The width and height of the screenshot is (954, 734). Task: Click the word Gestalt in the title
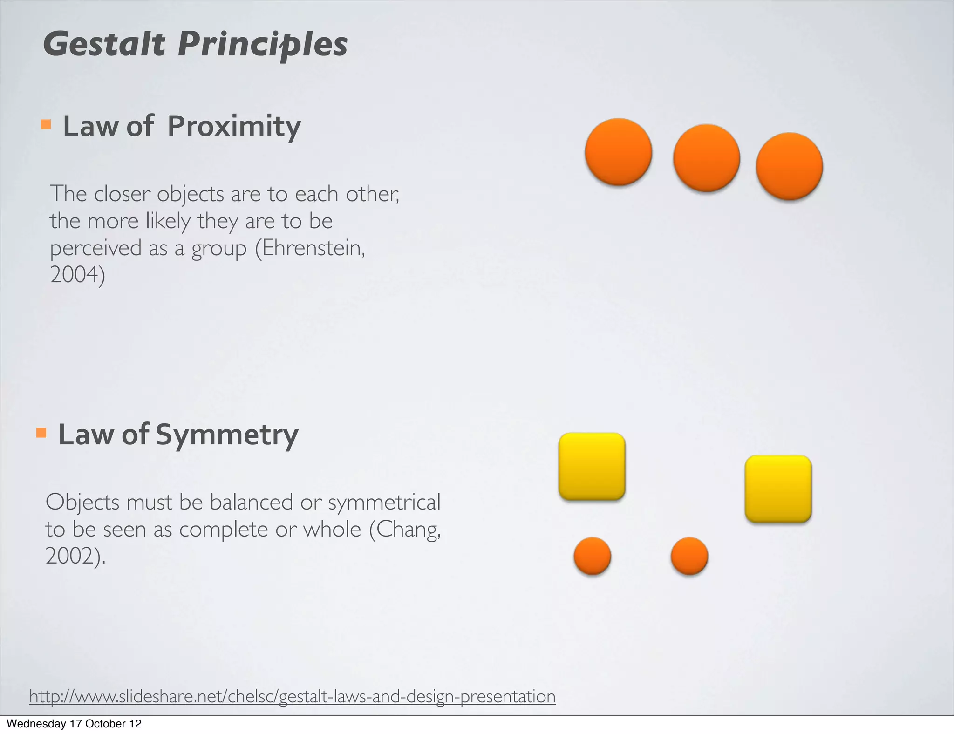(x=104, y=44)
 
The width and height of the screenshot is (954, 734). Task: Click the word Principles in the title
(x=262, y=45)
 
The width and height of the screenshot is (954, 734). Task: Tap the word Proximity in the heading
(x=234, y=126)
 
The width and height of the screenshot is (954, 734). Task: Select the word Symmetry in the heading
(x=226, y=435)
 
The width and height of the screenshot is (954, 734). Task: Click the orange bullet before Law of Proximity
(x=46, y=124)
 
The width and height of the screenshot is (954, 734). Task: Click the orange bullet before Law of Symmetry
(x=41, y=433)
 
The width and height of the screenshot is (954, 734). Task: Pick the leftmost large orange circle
(x=618, y=152)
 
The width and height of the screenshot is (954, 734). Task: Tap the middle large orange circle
(x=706, y=158)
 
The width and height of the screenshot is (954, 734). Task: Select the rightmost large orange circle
(x=789, y=166)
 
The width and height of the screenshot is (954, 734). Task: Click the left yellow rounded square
(x=592, y=466)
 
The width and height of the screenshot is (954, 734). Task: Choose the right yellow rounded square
(x=778, y=489)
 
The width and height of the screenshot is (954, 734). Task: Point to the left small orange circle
(x=592, y=556)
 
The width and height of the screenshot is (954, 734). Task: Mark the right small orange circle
(x=689, y=556)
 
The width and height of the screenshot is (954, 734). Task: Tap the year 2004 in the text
(x=75, y=275)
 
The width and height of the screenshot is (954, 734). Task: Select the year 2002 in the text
(x=70, y=556)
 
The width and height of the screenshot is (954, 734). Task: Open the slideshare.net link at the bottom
(x=292, y=697)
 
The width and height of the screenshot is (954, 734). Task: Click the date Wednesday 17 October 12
(x=74, y=724)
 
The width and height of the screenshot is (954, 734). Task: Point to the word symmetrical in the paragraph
(x=384, y=502)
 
